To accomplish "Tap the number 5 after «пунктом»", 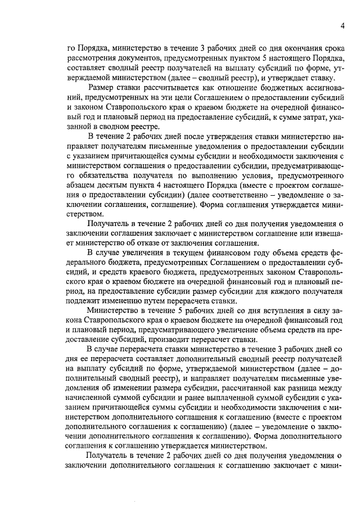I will [x=246, y=58].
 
